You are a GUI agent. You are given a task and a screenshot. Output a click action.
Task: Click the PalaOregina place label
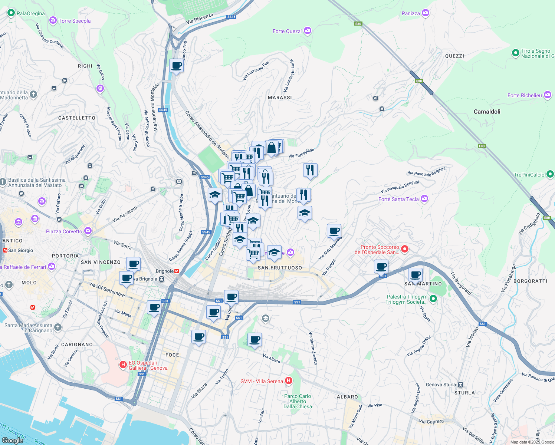[x=30, y=13]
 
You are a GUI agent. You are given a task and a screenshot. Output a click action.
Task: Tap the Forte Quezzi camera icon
[x=307, y=31]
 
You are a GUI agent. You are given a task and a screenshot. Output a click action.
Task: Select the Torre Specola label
[x=75, y=21]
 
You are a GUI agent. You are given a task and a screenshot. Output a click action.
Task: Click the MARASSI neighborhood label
[x=280, y=98]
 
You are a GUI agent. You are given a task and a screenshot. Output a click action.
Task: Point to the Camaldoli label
[x=487, y=112]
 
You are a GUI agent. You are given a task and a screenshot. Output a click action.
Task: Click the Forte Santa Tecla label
[x=398, y=199]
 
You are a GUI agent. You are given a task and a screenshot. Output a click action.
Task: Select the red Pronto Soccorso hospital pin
[x=405, y=249]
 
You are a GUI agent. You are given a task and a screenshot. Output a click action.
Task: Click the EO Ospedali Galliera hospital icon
[x=123, y=365]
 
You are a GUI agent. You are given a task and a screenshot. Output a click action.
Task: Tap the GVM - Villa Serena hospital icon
[x=289, y=380]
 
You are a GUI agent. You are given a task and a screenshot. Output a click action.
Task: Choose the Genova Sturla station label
[x=441, y=385]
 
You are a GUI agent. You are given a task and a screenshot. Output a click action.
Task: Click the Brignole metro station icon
[x=177, y=271]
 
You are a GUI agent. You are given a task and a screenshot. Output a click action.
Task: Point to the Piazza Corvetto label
[x=64, y=231]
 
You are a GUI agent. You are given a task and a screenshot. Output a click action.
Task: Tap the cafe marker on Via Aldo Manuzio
[x=334, y=231]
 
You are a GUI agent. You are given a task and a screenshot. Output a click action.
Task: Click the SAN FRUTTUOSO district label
[x=280, y=268]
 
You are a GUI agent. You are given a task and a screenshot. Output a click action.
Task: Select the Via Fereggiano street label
[x=301, y=153]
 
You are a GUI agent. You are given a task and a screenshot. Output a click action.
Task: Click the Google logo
[x=12, y=441]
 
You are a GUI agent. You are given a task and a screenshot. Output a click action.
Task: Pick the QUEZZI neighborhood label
[x=454, y=56]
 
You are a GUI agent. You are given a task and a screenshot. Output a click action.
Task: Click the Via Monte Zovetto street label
[x=313, y=348]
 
